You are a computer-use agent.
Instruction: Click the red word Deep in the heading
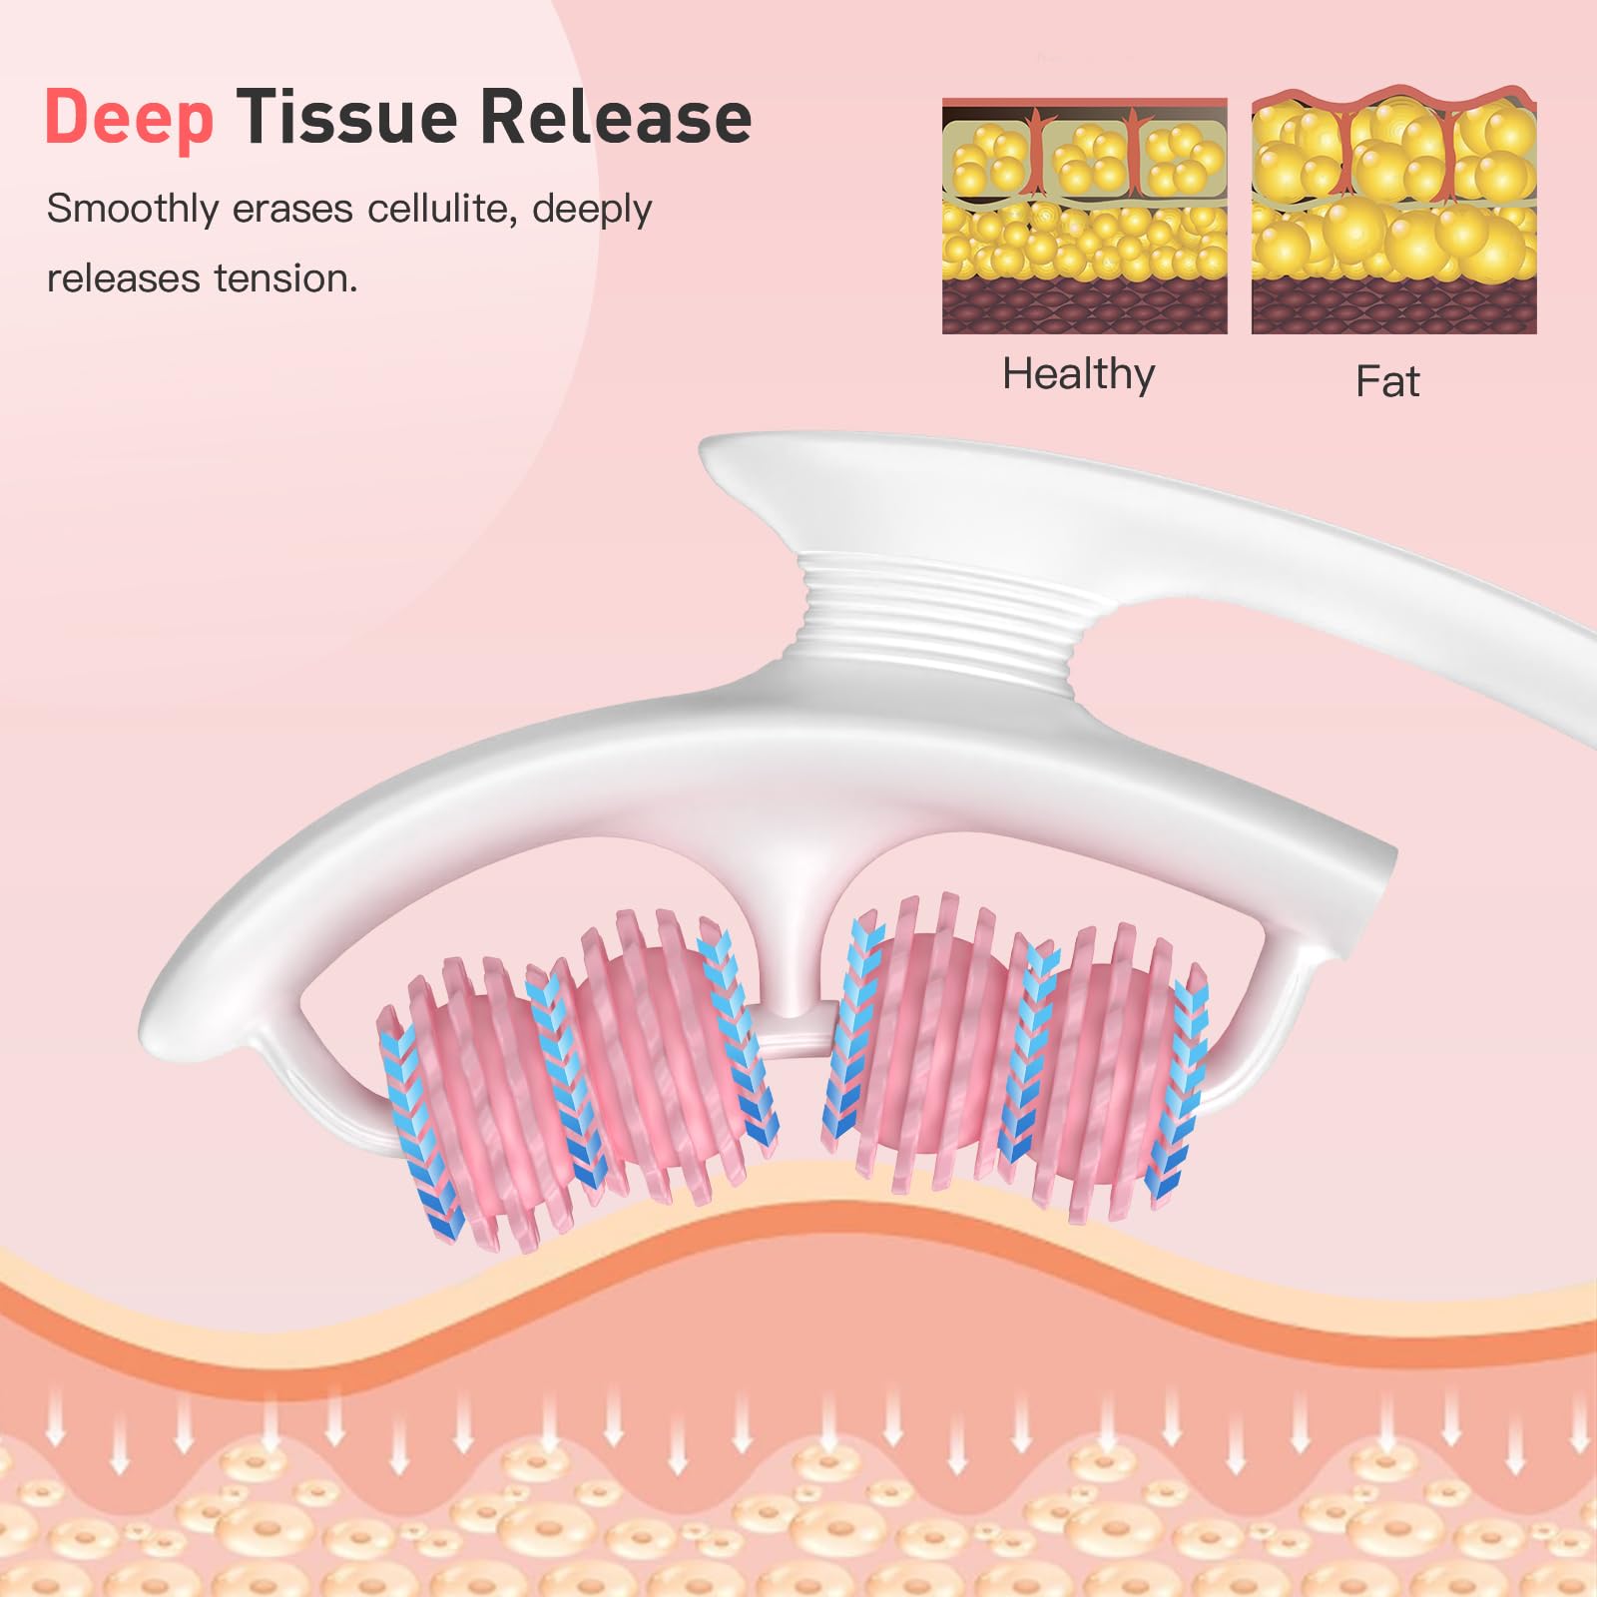pyautogui.click(x=130, y=119)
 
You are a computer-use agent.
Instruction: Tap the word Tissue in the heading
pyautogui.click(x=348, y=117)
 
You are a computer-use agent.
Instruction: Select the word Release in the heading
pyautogui.click(x=616, y=117)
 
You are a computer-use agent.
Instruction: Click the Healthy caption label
pyautogui.click(x=1079, y=375)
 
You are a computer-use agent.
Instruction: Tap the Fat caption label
pyautogui.click(x=1387, y=381)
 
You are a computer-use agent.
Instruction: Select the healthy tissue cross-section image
pyautogui.click(x=1085, y=216)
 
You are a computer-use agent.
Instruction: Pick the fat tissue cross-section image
pyautogui.click(x=1394, y=211)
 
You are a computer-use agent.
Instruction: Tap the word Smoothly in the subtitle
pyautogui.click(x=133, y=209)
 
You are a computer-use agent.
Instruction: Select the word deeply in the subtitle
pyautogui.click(x=592, y=211)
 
